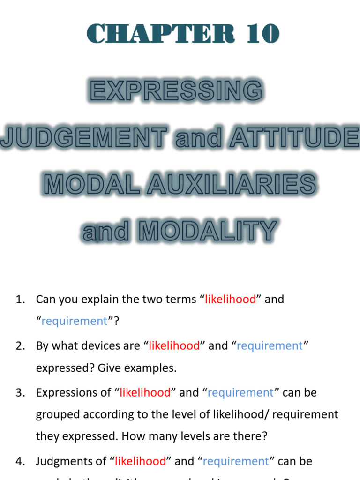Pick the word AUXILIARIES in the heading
232,184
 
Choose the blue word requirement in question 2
270,346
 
